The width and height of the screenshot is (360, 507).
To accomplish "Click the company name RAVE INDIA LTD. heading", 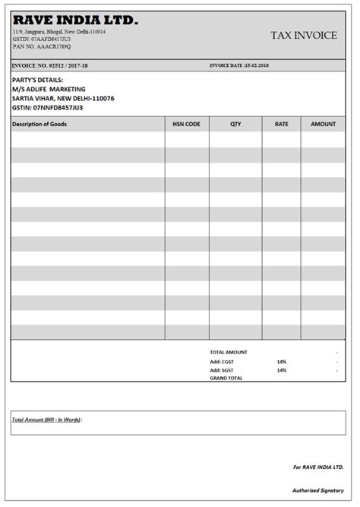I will [x=75, y=21].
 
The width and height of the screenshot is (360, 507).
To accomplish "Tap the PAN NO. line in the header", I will [x=43, y=47].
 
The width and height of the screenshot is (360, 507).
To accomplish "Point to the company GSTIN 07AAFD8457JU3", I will [x=43, y=40].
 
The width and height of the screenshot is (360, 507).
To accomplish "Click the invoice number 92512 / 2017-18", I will [x=49, y=65].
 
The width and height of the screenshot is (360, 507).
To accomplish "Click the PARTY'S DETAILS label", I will [x=37, y=80].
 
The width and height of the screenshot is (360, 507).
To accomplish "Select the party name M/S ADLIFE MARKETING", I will [x=49, y=89].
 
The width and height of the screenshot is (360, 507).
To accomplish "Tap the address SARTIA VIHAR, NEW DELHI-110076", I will [x=63, y=98].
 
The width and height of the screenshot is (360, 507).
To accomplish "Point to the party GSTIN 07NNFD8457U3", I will [x=47, y=107].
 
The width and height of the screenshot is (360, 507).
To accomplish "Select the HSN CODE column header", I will [x=187, y=124].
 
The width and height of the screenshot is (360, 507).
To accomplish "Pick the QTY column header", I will [x=235, y=124].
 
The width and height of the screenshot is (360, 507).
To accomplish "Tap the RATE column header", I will [x=281, y=124].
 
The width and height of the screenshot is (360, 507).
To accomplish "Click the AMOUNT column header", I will [x=323, y=124].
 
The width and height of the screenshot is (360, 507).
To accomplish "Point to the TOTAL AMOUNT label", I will [x=229, y=352].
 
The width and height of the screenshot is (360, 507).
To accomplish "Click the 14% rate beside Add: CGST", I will [x=282, y=361].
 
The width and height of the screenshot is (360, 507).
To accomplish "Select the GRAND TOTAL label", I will [x=226, y=378].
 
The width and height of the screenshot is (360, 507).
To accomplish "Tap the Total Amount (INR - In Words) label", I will [x=47, y=419].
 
